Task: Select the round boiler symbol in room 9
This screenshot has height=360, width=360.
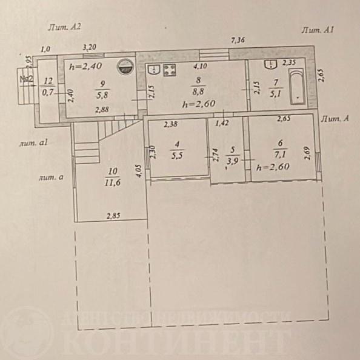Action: (125, 67)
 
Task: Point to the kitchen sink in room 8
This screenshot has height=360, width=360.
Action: (154, 69)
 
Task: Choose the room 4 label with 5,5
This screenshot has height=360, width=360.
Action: (176, 155)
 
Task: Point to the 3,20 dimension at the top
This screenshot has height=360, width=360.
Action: (90, 46)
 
